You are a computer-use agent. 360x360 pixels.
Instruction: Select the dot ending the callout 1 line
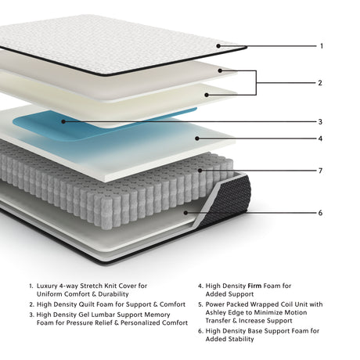220,45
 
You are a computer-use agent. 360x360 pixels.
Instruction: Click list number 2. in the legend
31,304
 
